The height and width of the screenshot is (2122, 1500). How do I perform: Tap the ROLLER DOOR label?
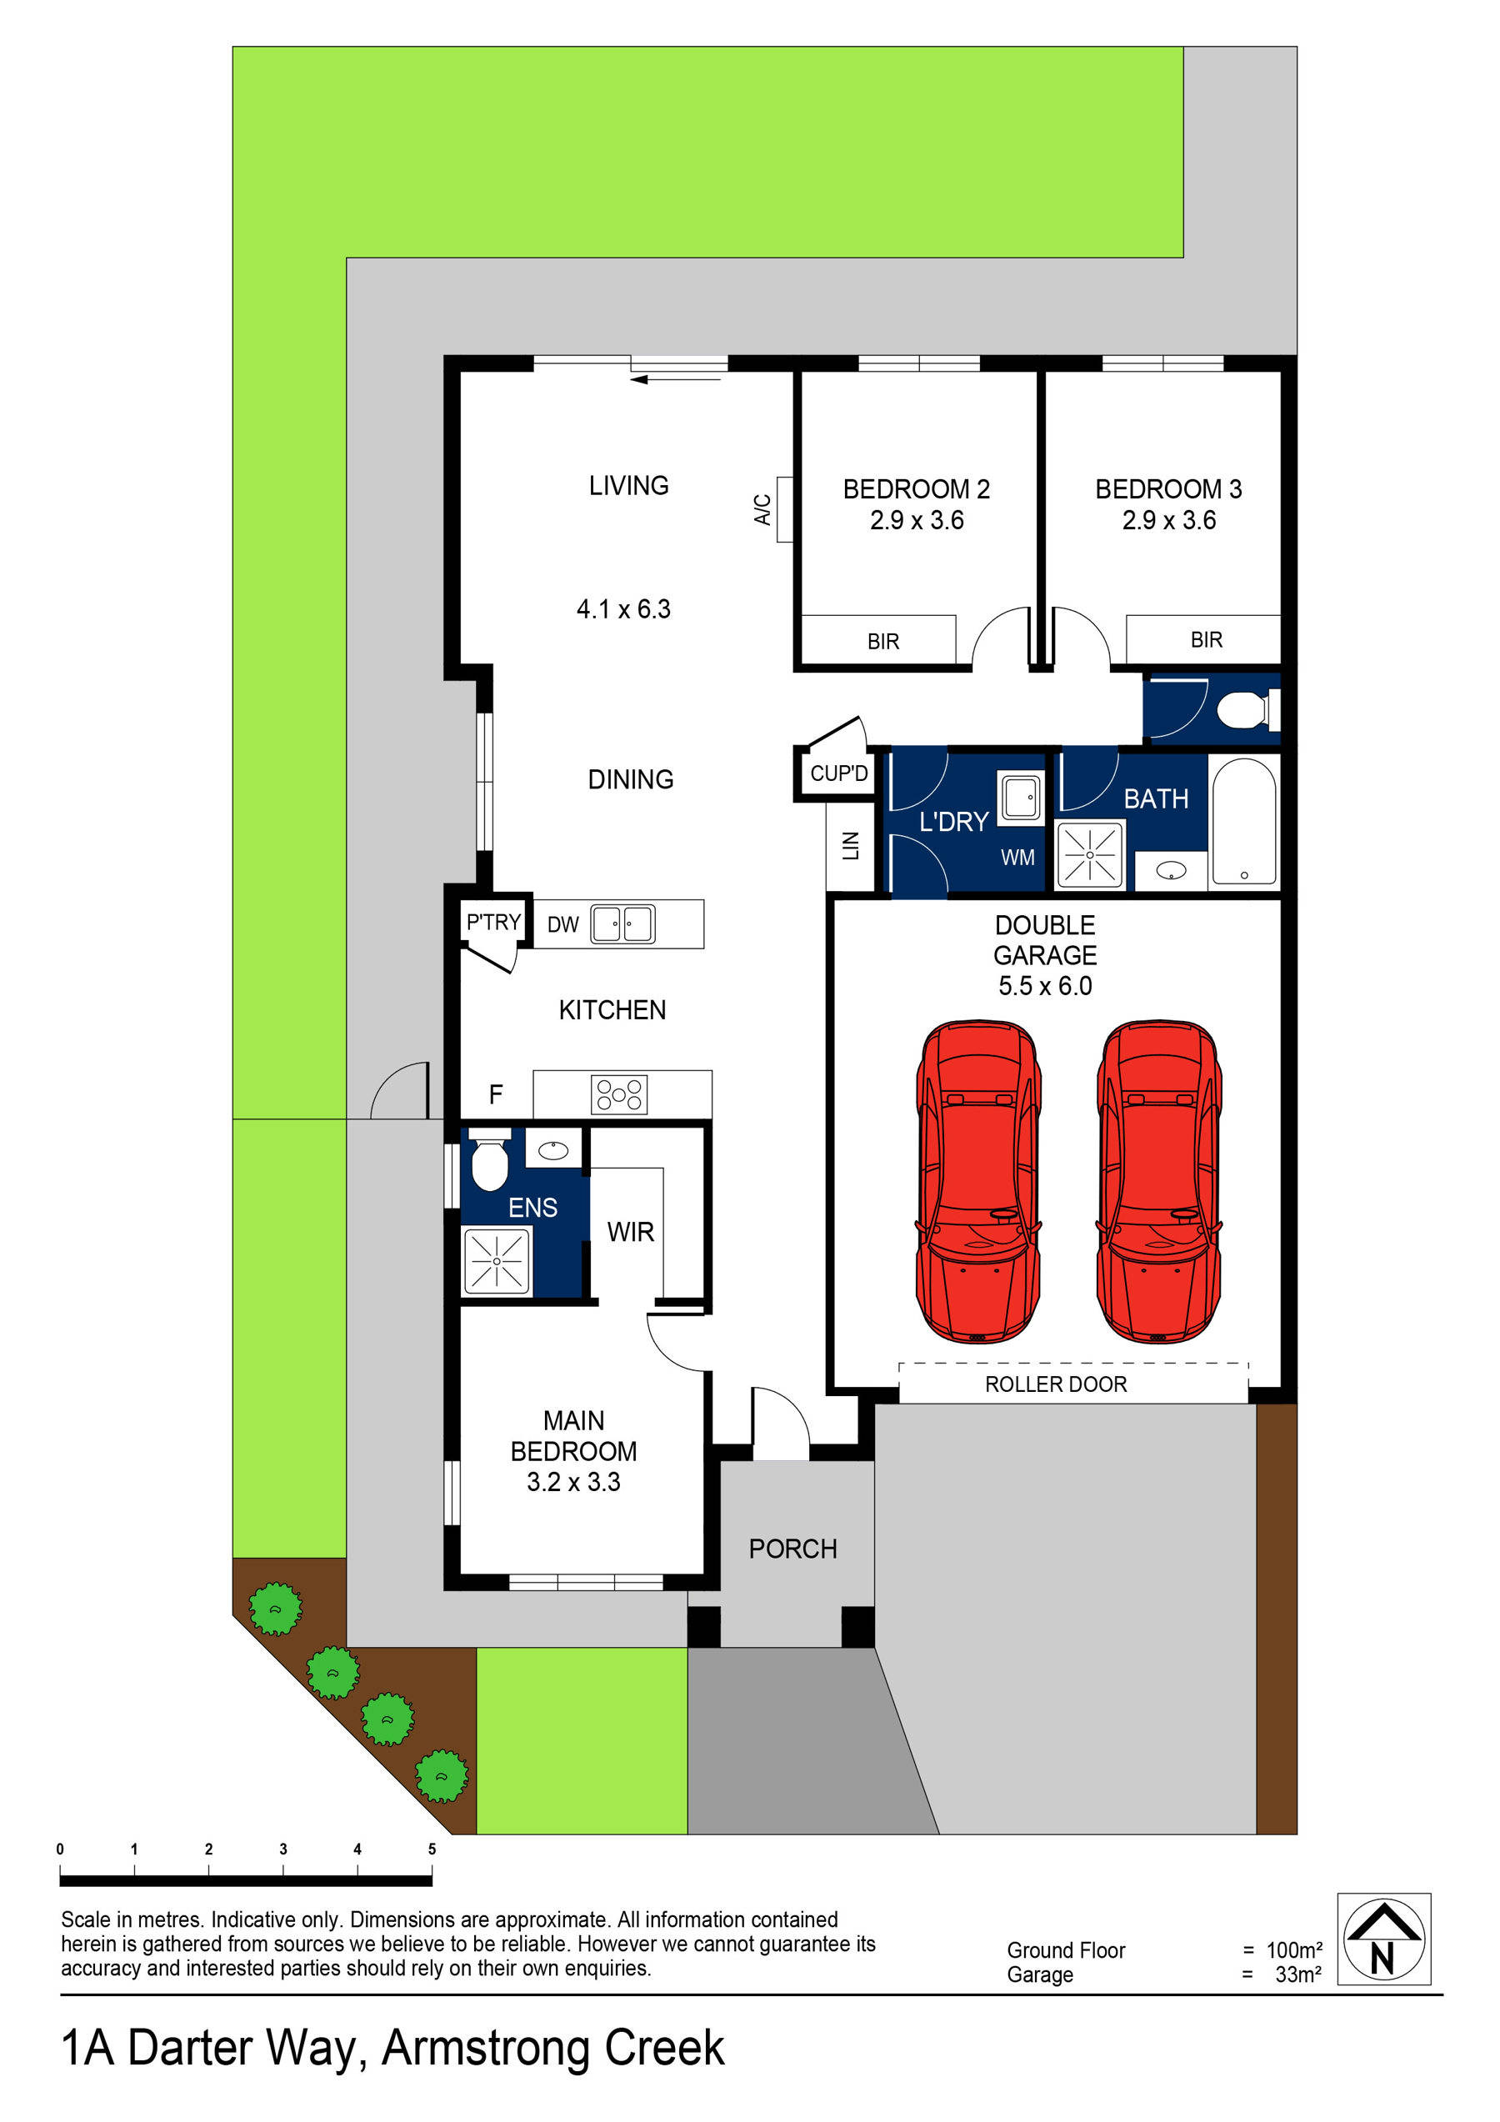pos(1056,1384)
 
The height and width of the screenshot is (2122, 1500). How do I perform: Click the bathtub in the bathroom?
pos(1243,822)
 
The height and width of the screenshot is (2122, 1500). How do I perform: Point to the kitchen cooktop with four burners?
pos(618,1095)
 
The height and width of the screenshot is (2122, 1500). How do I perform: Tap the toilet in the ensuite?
pos(489,1162)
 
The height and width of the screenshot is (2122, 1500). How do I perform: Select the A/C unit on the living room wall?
pos(783,509)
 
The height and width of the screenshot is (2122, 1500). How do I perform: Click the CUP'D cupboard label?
pos(838,773)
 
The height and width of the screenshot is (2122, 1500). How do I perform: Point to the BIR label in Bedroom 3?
pos(1205,639)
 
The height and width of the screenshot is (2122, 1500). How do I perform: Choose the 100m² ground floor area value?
pos(1293,1950)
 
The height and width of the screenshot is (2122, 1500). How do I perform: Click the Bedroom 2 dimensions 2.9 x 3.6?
pos(916,520)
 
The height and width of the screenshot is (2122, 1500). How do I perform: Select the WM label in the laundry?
pos(1017,857)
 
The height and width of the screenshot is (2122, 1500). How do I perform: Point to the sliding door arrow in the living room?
pos(676,379)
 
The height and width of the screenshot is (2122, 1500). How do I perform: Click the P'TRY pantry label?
pos(493,922)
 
